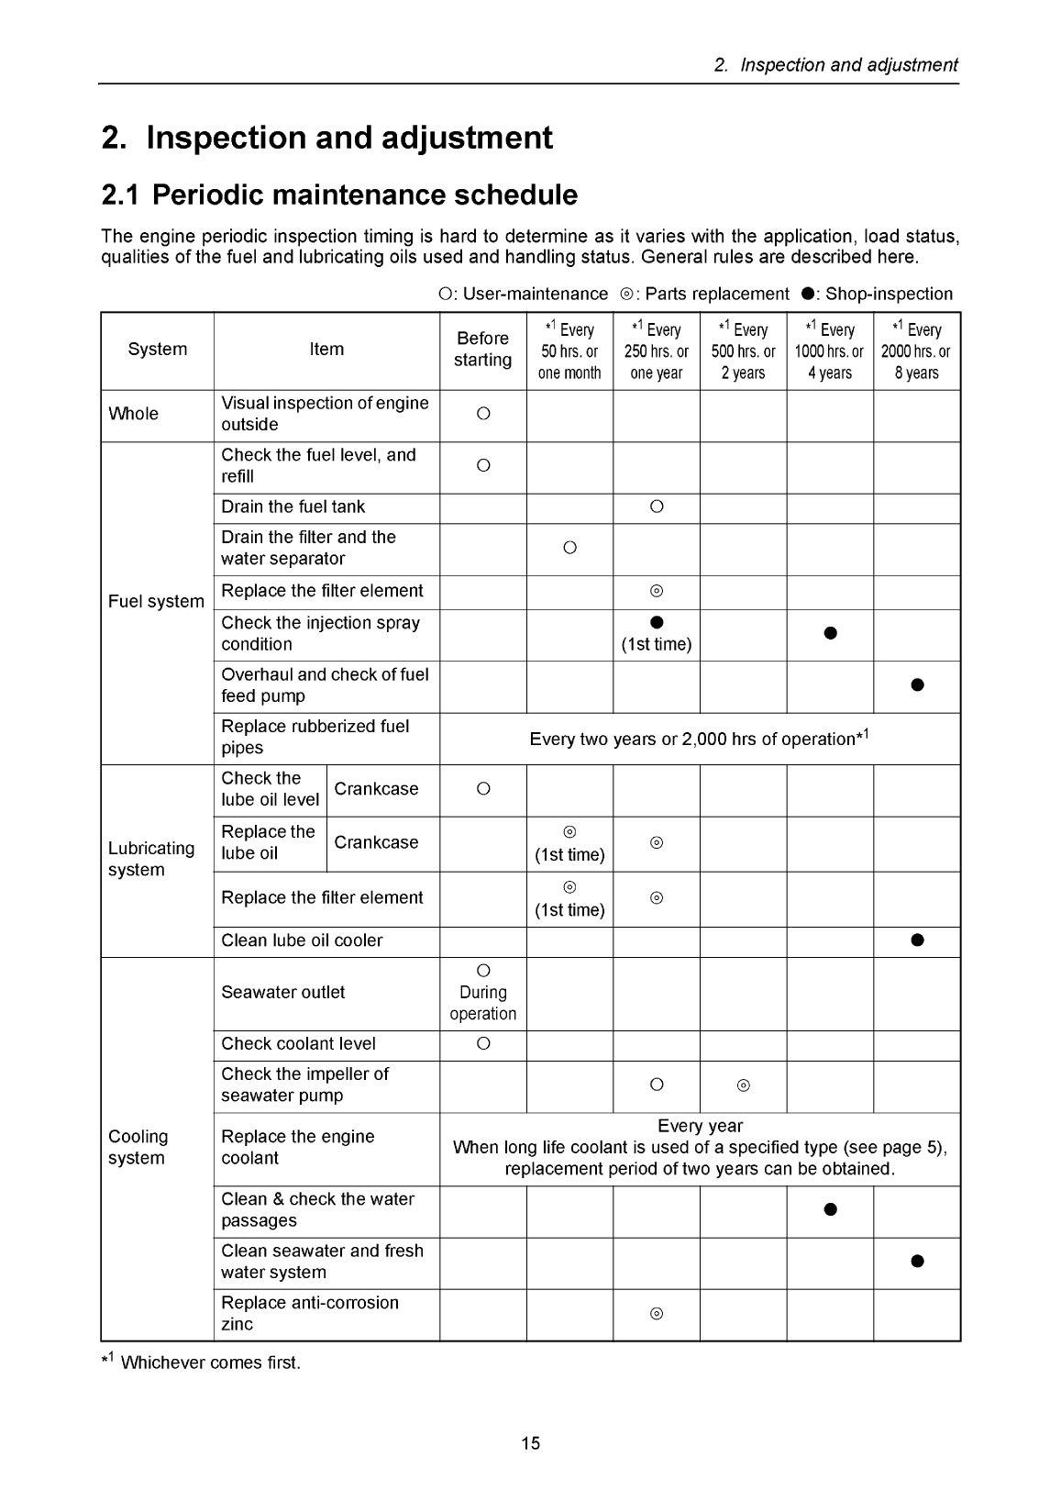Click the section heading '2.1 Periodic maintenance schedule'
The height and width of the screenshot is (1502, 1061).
point(339,195)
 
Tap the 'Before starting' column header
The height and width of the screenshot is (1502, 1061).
point(482,350)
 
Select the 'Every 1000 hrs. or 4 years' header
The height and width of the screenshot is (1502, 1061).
point(829,351)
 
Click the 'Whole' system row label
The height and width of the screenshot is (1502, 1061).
point(133,414)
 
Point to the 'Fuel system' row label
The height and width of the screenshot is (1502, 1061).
point(156,602)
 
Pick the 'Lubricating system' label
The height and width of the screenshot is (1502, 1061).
point(151,859)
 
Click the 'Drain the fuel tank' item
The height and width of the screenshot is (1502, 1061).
point(293,507)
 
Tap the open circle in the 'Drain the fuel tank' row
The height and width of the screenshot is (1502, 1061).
point(657,507)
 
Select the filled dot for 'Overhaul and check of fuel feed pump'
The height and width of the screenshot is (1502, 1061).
point(917,685)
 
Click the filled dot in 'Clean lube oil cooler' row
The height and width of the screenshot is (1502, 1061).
point(917,940)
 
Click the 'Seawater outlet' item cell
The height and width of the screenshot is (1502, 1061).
point(283,993)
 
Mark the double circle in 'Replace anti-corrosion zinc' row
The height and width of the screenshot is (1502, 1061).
point(657,1314)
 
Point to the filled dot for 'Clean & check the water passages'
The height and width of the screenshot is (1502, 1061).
point(830,1209)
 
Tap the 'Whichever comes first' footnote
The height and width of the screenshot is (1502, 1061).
point(201,1363)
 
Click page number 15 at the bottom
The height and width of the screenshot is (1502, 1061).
point(530,1443)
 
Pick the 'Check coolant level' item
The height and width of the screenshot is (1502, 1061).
point(298,1044)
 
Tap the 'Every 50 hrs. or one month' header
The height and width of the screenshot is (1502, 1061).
point(569,351)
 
